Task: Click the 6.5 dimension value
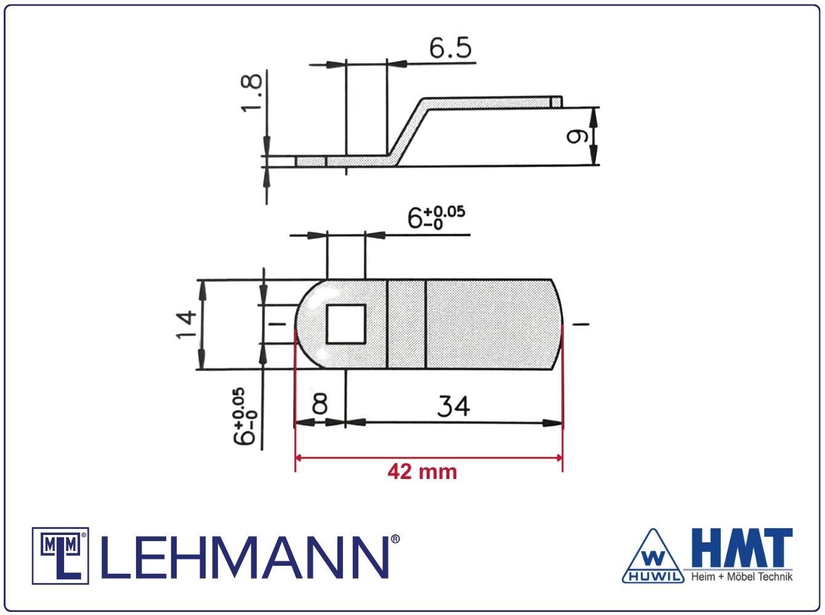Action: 450,48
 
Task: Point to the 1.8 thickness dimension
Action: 251,92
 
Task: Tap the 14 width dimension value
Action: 186,324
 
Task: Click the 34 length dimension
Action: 453,406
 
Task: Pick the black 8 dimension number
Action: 320,403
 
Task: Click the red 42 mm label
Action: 422,472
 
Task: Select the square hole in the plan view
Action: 346,324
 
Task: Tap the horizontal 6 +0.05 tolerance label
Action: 436,217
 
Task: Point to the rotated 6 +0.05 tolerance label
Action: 244,416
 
